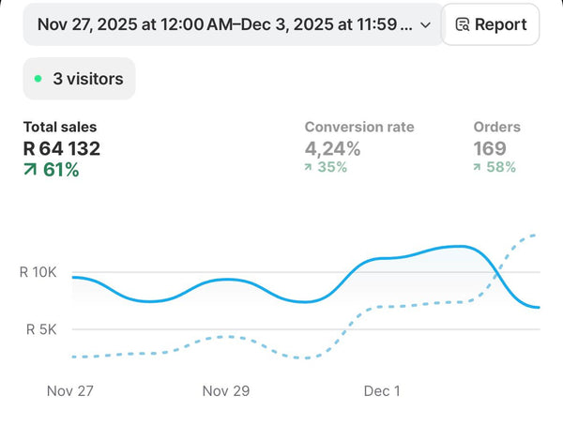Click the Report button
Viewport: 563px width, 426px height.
(491, 24)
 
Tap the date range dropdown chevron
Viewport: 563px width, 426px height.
(425, 25)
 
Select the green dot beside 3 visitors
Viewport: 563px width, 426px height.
(38, 79)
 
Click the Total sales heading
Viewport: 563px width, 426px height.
(60, 127)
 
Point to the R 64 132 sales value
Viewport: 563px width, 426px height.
(62, 148)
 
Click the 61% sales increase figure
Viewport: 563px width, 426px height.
(61, 170)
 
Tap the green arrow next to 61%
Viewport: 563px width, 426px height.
(30, 170)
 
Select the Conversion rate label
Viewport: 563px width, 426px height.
(359, 127)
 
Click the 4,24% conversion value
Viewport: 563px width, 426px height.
(332, 148)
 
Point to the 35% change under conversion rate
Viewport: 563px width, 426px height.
(332, 167)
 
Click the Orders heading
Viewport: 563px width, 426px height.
(497, 127)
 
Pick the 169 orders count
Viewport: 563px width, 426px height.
(490, 148)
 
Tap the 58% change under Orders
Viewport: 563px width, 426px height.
(501, 167)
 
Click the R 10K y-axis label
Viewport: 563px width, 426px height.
(38, 272)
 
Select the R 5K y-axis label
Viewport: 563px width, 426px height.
(41, 329)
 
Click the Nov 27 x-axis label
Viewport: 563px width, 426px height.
(70, 390)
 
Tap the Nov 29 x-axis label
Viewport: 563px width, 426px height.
(226, 390)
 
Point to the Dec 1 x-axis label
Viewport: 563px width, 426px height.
(382, 390)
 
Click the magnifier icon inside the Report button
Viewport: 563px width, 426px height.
(463, 24)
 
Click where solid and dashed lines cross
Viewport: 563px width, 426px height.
(497, 274)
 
